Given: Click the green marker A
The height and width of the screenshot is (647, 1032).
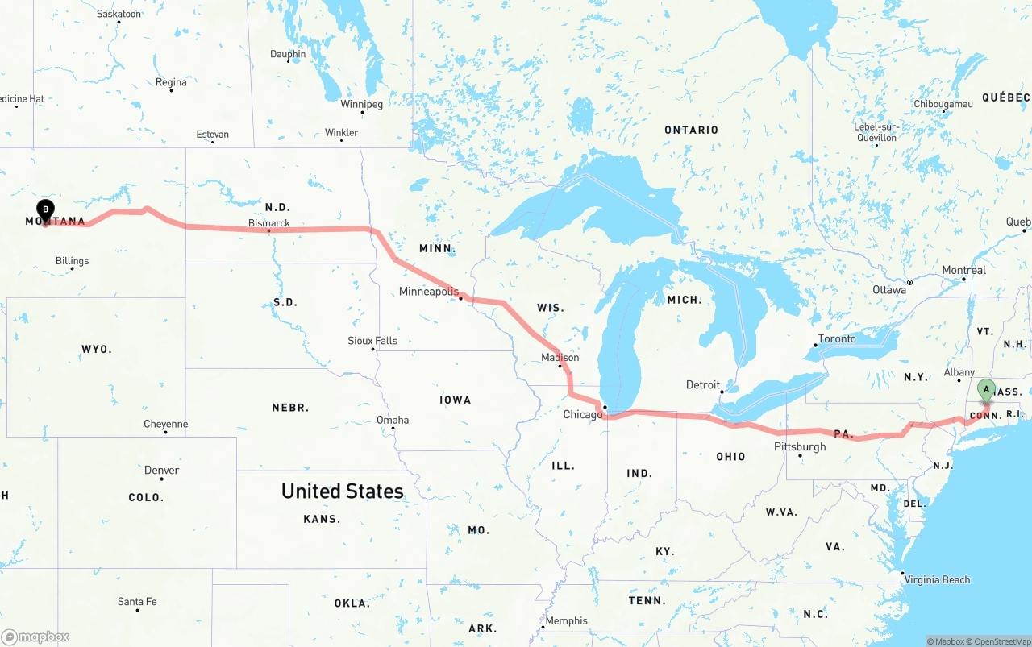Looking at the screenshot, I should click(985, 390).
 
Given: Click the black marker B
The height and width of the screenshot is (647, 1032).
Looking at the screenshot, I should click(46, 210).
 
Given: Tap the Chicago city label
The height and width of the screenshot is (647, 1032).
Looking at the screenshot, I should click(582, 415).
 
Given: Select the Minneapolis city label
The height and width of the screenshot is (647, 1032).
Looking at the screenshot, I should click(428, 292).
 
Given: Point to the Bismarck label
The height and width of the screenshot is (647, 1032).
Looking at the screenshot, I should click(268, 223).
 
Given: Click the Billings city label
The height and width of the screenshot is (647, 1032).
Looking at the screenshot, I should click(72, 261).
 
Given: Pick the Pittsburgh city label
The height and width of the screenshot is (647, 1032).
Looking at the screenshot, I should click(800, 446).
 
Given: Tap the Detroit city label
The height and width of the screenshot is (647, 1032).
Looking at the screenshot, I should click(702, 385).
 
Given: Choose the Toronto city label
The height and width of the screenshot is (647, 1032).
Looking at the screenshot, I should click(837, 338).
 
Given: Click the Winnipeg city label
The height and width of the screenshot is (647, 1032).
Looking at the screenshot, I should click(361, 104).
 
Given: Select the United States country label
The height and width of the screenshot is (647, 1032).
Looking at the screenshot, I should click(342, 491).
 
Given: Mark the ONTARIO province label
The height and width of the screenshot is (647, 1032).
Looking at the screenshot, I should click(691, 130).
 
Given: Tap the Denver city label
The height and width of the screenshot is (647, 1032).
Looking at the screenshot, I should click(161, 470).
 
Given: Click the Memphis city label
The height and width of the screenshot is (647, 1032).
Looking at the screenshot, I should click(566, 621).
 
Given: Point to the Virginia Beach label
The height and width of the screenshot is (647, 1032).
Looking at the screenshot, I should click(937, 579).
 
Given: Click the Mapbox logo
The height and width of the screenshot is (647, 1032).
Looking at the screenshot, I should click(35, 637).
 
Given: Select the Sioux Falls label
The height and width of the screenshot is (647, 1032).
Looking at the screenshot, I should click(372, 341).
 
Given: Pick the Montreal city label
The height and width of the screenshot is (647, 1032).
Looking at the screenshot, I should click(963, 270).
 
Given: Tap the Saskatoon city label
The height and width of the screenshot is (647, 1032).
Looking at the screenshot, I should click(119, 14).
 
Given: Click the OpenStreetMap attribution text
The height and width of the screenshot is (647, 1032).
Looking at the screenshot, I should click(998, 641).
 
